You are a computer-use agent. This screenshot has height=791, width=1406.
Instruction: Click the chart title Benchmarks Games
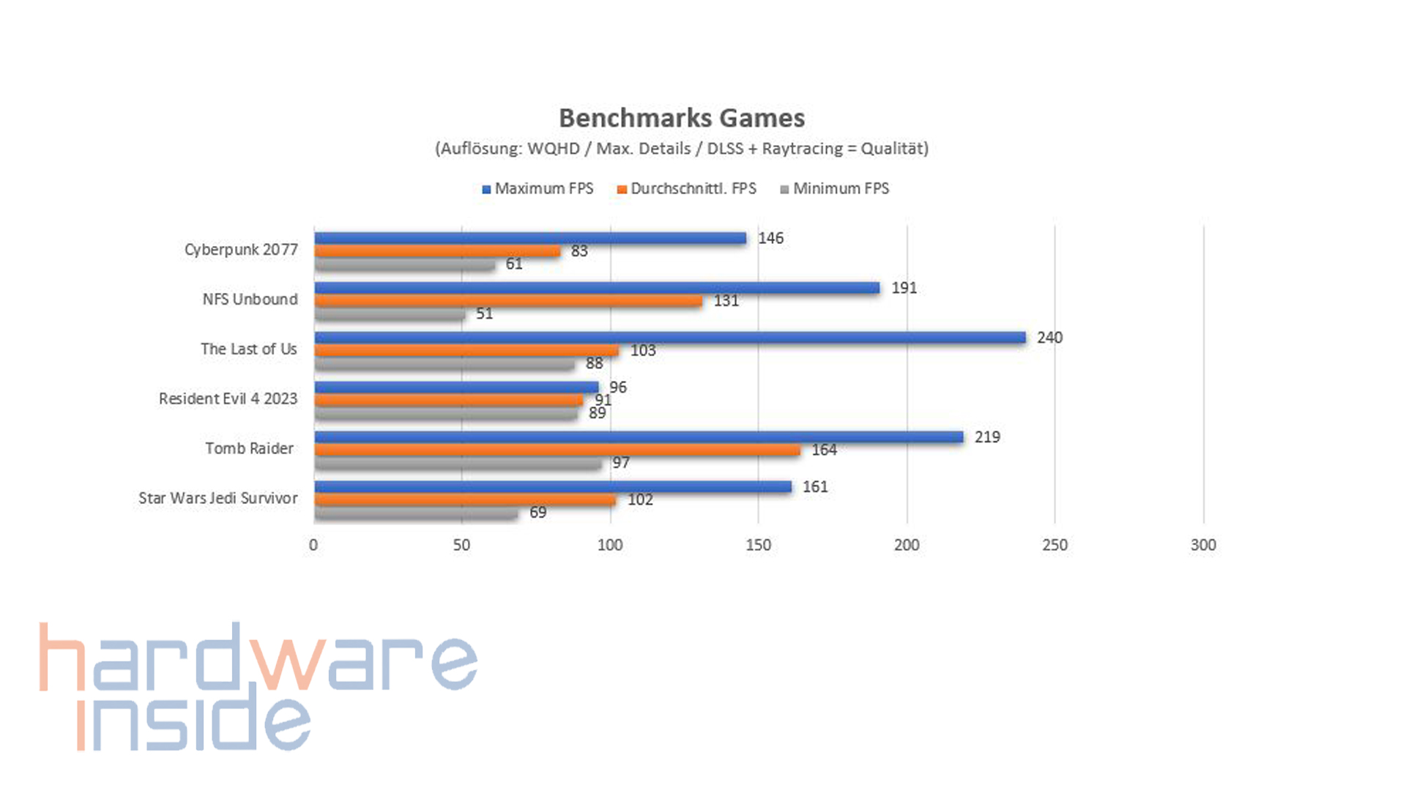pyautogui.click(x=682, y=118)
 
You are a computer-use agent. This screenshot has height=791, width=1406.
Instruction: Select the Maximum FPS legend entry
pyautogui.click(x=538, y=189)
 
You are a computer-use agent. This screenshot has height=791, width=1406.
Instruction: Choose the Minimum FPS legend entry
pyautogui.click(x=835, y=189)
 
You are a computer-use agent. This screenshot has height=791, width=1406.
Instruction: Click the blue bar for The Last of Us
pyautogui.click(x=669, y=338)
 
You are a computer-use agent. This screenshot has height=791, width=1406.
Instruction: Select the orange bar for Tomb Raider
pyautogui.click(x=557, y=450)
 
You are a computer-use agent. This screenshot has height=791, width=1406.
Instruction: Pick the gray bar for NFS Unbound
pyautogui.click(x=390, y=314)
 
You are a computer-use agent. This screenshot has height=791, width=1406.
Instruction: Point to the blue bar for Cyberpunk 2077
pyautogui.click(x=530, y=238)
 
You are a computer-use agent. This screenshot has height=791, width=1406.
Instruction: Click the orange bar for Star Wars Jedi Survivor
pyautogui.click(x=465, y=500)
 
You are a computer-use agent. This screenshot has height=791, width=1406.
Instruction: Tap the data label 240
pyautogui.click(x=1049, y=338)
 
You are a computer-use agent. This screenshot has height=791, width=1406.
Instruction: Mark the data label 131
pyautogui.click(x=726, y=301)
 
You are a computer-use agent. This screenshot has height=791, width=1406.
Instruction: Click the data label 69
pyautogui.click(x=538, y=513)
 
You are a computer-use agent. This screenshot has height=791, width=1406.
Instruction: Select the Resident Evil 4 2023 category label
pyautogui.click(x=228, y=399)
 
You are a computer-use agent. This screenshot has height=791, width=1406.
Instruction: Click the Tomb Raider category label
pyautogui.click(x=249, y=448)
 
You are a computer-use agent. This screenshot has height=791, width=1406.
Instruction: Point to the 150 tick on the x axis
pyautogui.click(x=758, y=545)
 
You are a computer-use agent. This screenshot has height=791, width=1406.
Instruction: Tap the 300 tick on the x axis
pyautogui.click(x=1202, y=545)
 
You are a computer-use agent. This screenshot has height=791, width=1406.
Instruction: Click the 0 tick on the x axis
pyautogui.click(x=313, y=545)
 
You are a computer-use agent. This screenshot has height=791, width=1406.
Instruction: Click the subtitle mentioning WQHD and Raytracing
pyautogui.click(x=682, y=149)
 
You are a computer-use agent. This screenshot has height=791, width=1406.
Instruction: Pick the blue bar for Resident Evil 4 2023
pyautogui.click(x=456, y=387)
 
